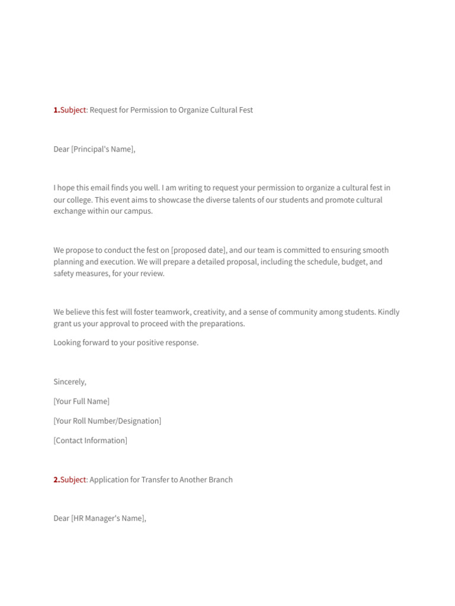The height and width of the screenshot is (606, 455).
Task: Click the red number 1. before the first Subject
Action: [56, 110]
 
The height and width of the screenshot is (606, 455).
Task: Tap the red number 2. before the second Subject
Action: [56, 480]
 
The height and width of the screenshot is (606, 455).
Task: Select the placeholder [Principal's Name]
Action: [102, 149]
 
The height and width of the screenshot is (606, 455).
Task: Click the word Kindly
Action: [389, 312]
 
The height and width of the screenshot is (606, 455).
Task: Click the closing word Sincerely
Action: [69, 382]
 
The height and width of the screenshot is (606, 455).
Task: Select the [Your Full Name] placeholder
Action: [81, 401]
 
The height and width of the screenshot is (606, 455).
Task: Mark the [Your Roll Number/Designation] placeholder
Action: [107, 421]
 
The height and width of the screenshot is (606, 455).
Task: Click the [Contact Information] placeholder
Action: [90, 440]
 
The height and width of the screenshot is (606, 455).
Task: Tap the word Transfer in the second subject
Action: [155, 480]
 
